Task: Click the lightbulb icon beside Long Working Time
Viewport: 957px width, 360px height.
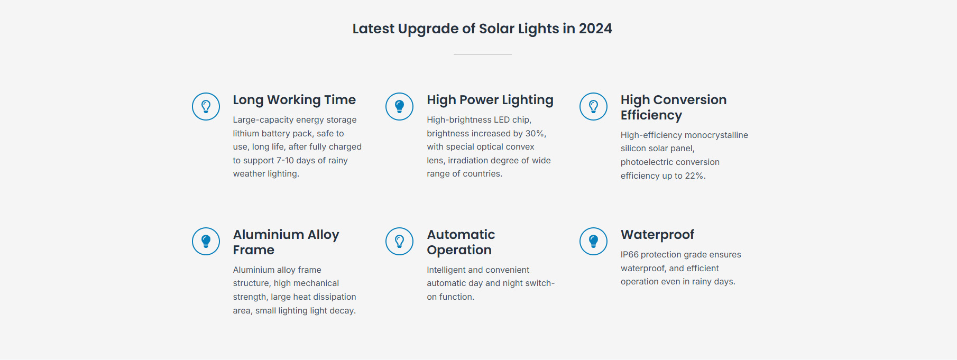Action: pos(206,106)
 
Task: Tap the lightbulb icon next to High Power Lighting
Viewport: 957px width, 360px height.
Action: pos(400,106)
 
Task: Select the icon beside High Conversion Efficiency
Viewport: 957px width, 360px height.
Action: pos(593,106)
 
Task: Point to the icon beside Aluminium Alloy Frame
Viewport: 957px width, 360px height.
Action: pos(206,241)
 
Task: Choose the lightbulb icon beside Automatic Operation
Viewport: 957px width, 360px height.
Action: pos(400,241)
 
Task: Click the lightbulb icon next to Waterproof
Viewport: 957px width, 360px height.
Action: pos(593,241)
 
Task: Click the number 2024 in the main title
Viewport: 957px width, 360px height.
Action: pos(595,29)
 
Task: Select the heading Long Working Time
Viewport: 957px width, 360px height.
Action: pos(295,100)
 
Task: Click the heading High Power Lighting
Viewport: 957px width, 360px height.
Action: pos(490,100)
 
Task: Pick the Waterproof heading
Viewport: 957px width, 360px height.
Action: pos(657,235)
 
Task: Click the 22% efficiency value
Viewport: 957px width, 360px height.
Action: pos(694,176)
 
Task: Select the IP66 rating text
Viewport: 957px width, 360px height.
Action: pos(630,255)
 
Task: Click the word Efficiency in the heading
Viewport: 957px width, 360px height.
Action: pos(651,115)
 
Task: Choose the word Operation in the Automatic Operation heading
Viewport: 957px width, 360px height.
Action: pos(459,250)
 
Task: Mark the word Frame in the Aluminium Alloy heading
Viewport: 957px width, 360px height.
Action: pos(254,250)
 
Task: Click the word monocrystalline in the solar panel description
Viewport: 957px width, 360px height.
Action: pos(716,135)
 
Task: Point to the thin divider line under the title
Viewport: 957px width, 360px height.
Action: pos(482,54)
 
